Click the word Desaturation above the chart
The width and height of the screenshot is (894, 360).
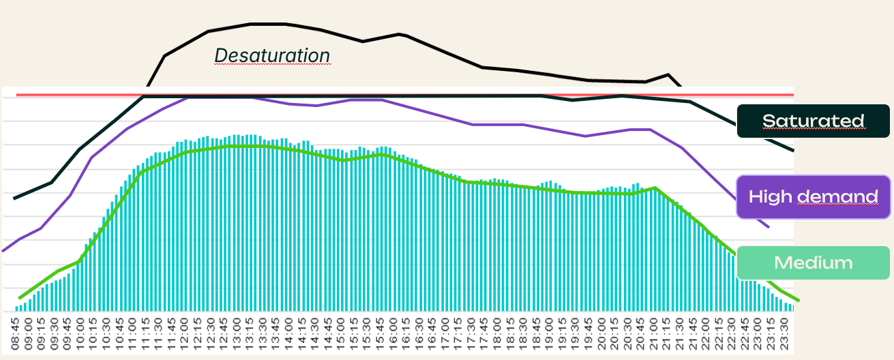point(272,55)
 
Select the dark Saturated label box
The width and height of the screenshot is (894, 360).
point(813,121)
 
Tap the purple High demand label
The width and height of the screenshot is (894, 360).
point(813,197)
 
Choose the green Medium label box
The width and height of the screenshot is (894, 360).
point(813,262)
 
